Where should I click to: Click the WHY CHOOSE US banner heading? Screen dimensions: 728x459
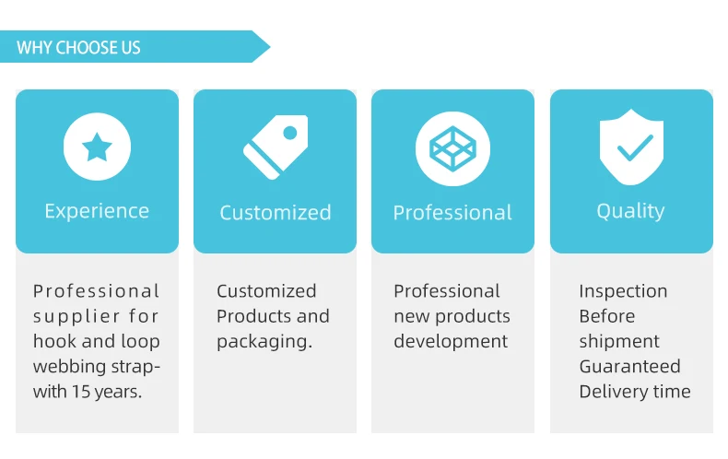click(x=78, y=47)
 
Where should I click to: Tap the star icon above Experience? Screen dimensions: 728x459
click(x=97, y=146)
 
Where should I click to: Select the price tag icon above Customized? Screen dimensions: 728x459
click(x=275, y=147)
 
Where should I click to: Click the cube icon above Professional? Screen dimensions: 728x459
click(x=452, y=147)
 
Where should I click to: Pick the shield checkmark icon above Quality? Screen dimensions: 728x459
click(x=630, y=147)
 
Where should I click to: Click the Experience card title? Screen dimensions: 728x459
click(x=97, y=211)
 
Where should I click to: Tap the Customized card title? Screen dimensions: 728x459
click(x=275, y=213)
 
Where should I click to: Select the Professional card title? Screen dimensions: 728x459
click(x=452, y=213)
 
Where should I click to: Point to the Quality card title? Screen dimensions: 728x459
click(x=630, y=211)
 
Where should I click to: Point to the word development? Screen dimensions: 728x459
click(x=451, y=341)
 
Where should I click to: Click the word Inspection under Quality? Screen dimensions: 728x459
click(x=623, y=291)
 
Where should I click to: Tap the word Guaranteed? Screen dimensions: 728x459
click(x=629, y=366)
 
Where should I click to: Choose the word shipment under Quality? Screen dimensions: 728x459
click(x=619, y=341)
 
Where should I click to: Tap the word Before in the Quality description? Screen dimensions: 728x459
click(x=606, y=316)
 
